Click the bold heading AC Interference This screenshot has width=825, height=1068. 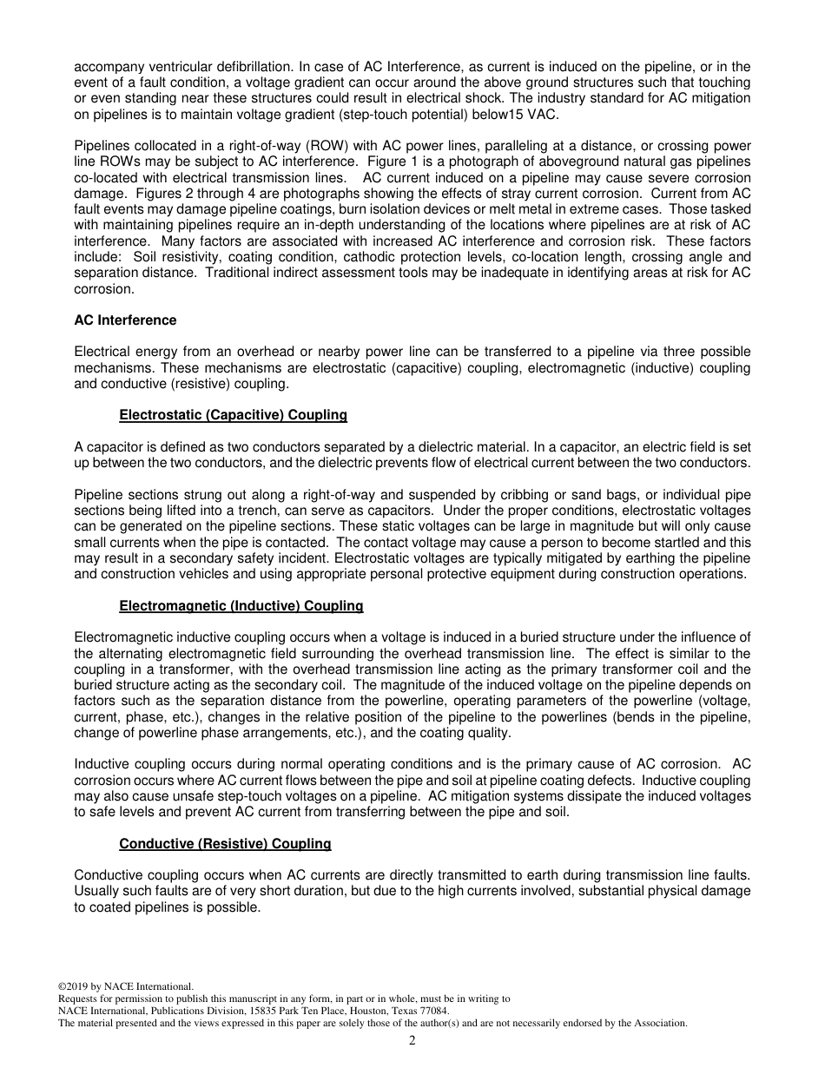pos(125,320)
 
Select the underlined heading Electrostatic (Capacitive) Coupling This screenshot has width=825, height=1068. pos(233,415)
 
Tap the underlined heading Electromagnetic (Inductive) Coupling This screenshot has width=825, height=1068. pos(241,606)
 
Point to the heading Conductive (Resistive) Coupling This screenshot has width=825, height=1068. pos(225,844)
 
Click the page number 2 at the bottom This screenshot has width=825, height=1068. pos(412,1041)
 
